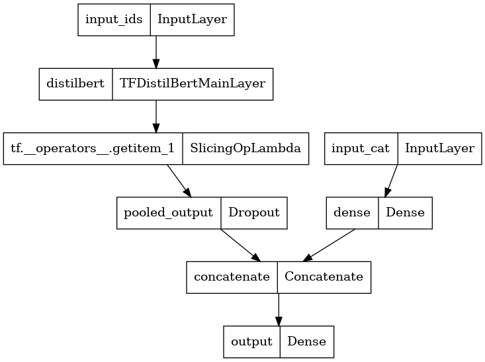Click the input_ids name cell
click(114, 20)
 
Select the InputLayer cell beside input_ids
click(192, 20)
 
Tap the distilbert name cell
click(76, 84)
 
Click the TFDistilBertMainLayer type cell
click(193, 84)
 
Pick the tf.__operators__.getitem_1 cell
click(93, 148)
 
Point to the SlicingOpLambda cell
click(245, 148)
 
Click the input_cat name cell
click(361, 148)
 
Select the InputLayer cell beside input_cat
click(439, 148)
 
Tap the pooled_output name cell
click(169, 213)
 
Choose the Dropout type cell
click(254, 213)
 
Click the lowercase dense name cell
click(352, 213)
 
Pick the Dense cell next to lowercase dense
click(405, 213)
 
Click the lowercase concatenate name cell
click(232, 277)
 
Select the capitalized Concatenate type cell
click(324, 277)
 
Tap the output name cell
click(252, 341)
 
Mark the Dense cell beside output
click(307, 341)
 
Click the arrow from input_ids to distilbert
click(156, 52)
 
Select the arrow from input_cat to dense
click(391, 181)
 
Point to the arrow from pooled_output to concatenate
click(241, 245)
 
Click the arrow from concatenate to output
click(279, 310)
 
